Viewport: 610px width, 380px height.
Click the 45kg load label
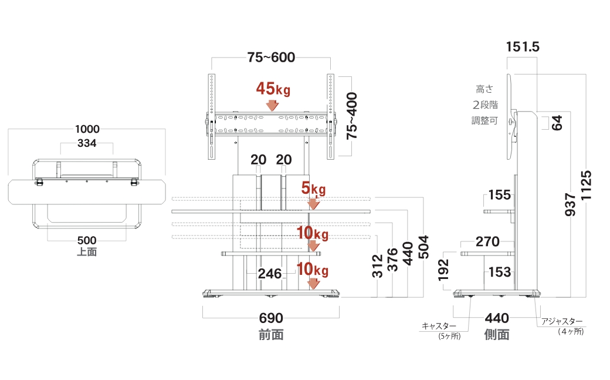(x=273, y=89)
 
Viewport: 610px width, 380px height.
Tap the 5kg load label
(x=313, y=189)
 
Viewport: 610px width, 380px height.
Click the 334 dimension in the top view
(x=87, y=144)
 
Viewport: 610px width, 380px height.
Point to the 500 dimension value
(x=87, y=241)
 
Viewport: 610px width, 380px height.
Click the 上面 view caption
(x=87, y=252)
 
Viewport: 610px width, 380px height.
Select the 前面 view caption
(x=271, y=335)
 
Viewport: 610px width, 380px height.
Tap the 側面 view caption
(x=497, y=335)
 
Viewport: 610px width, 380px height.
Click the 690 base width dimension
(x=271, y=319)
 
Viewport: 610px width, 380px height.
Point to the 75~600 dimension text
(x=271, y=58)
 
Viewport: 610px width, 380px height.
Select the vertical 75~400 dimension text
(x=353, y=116)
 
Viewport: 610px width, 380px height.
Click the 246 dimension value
(x=270, y=273)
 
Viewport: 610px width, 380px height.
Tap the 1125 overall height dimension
(x=587, y=186)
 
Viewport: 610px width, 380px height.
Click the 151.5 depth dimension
(x=522, y=47)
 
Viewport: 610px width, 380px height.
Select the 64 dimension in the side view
(x=557, y=123)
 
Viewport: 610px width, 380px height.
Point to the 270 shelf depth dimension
(x=487, y=241)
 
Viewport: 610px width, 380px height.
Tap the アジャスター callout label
(x=562, y=322)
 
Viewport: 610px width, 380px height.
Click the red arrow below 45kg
(x=272, y=105)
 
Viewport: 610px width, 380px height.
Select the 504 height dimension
(x=423, y=247)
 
